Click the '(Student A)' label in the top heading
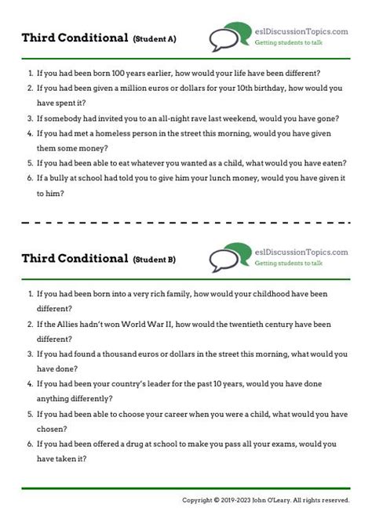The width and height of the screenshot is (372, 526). coord(155,38)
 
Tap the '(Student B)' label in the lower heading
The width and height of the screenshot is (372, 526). coord(155,259)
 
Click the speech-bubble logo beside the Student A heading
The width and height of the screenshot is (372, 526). coord(227,38)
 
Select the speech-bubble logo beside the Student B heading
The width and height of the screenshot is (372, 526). coord(227,258)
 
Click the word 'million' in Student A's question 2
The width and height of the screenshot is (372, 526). coord(151,89)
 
